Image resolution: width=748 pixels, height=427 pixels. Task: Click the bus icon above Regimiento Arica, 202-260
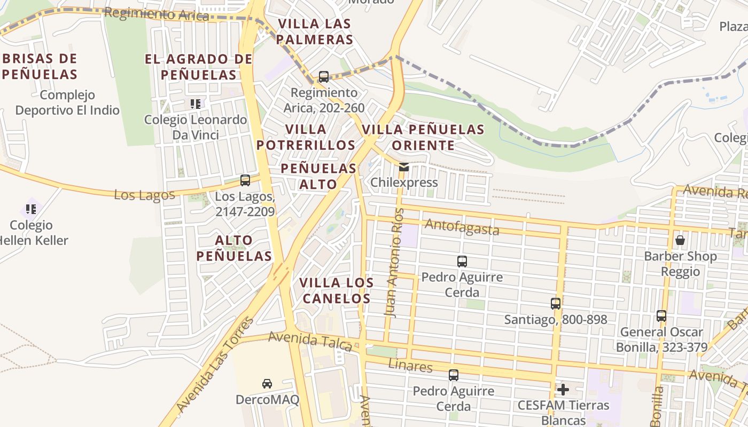click(x=323, y=77)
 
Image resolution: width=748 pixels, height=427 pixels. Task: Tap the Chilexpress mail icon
click(x=404, y=167)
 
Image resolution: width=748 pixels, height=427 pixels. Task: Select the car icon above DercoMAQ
click(x=267, y=383)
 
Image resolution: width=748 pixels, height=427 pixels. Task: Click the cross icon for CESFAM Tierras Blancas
click(x=563, y=390)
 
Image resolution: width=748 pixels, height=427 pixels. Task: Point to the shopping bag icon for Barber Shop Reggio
click(x=680, y=240)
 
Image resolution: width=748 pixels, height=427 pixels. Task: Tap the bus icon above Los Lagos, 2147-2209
click(x=245, y=180)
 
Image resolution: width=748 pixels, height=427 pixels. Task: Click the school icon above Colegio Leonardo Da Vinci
click(x=196, y=104)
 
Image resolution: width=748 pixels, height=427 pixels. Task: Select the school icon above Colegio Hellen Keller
click(x=31, y=209)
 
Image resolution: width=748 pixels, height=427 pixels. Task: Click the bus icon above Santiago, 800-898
click(x=556, y=304)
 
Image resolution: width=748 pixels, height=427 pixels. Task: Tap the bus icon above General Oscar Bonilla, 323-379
click(x=661, y=316)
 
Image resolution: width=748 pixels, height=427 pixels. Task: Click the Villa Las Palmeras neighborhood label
click(x=315, y=31)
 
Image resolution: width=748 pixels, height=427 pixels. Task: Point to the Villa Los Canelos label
click(x=336, y=290)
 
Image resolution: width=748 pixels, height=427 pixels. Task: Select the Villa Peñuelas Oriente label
click(x=423, y=137)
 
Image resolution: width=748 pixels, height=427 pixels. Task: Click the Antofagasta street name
click(x=462, y=228)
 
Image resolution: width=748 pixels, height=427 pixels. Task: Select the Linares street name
click(x=410, y=366)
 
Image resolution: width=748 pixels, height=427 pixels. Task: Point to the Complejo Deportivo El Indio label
click(x=67, y=102)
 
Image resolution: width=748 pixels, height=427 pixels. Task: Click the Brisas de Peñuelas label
click(x=40, y=66)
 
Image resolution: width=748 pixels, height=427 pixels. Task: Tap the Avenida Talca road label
click(x=310, y=341)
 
